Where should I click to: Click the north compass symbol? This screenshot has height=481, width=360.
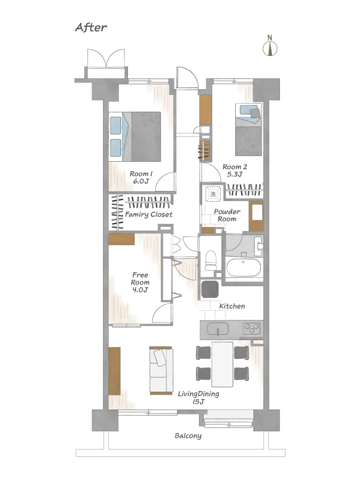(270, 49)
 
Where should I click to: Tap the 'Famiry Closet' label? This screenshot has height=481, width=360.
(149, 214)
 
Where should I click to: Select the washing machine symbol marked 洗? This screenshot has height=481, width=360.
(213, 194)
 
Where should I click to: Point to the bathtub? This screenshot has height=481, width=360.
(244, 267)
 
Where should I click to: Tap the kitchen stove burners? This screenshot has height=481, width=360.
(251, 328)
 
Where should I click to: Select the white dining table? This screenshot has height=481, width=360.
(222, 364)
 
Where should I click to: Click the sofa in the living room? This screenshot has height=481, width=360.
(161, 370)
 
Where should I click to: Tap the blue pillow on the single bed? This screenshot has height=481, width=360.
(247, 111)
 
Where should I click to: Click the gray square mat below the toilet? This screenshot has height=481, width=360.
(210, 289)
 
